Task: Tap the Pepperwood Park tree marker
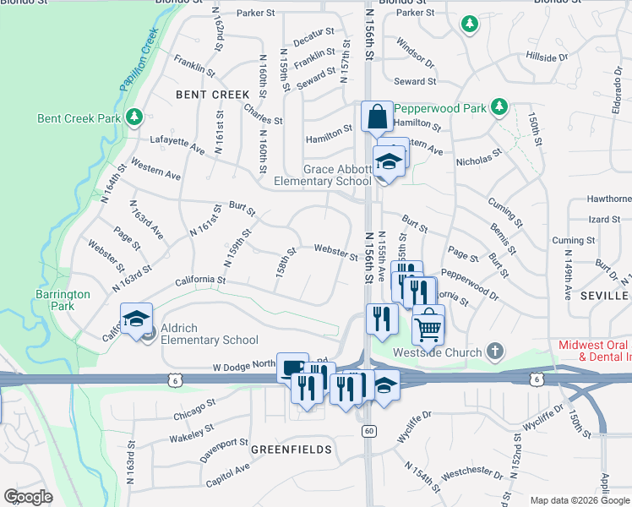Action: click(499, 107)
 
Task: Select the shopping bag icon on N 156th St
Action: click(375, 116)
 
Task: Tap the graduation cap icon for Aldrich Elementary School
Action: click(136, 319)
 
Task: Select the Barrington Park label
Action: click(69, 300)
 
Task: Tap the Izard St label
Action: click(604, 220)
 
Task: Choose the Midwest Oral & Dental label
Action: click(595, 352)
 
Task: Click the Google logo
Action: click(28, 497)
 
